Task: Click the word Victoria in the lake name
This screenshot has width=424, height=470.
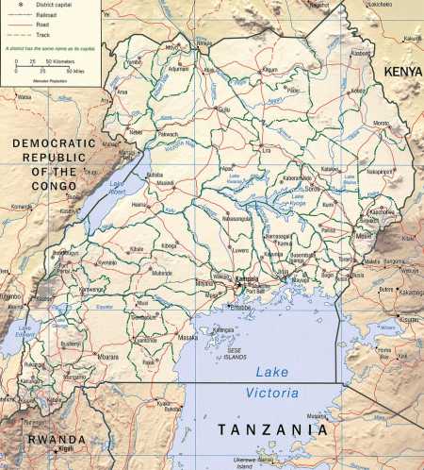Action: (271, 392)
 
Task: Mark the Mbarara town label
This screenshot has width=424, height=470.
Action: (108, 358)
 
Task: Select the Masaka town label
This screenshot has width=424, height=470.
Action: (188, 337)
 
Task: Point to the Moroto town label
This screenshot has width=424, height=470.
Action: (381, 124)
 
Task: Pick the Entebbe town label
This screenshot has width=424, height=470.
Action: (241, 307)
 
